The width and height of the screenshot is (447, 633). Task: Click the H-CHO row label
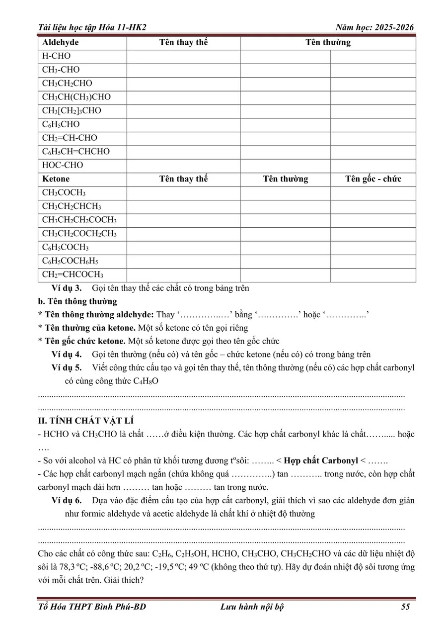point(56,56)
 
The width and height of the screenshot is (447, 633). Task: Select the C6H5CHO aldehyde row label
point(61,124)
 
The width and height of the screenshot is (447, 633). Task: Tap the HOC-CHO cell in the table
point(63,165)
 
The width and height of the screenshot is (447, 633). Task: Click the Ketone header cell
point(56,179)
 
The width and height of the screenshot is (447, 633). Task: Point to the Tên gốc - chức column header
point(373,179)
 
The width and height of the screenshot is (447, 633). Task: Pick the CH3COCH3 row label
point(64,193)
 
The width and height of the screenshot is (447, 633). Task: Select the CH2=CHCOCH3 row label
point(73,274)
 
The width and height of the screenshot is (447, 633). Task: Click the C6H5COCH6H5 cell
point(74,261)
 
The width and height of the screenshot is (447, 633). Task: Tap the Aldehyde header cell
point(60,43)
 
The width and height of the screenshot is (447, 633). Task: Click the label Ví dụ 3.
point(67,288)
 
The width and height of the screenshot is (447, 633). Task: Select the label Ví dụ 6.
point(67,500)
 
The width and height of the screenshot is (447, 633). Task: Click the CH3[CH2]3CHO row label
point(72,111)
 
